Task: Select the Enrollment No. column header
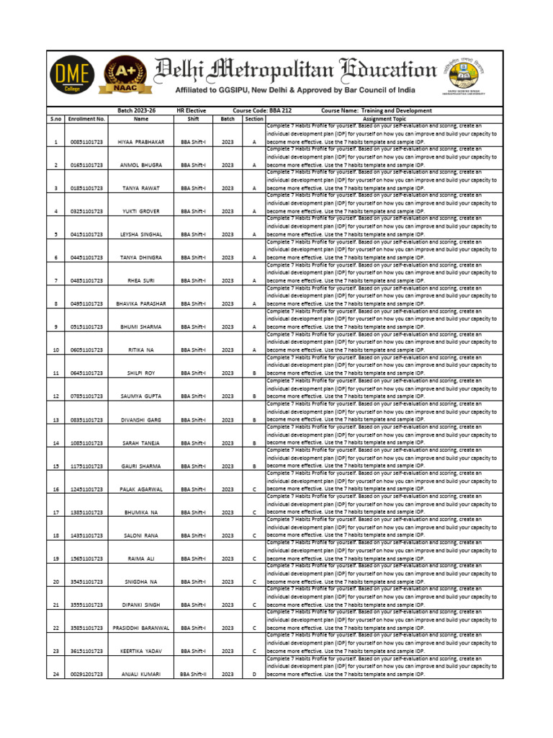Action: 86,119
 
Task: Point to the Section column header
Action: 253,119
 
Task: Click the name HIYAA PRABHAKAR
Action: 141,142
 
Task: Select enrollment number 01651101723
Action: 86,165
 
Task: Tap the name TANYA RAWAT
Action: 141,188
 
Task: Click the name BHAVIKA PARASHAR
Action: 141,304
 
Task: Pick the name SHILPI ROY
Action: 141,373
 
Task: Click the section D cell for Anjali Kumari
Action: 253,674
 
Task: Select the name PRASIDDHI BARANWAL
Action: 141,628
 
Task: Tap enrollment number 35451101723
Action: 86,582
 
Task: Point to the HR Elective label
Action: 192,110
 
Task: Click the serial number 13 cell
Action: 56,419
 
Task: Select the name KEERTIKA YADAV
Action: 141,651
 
